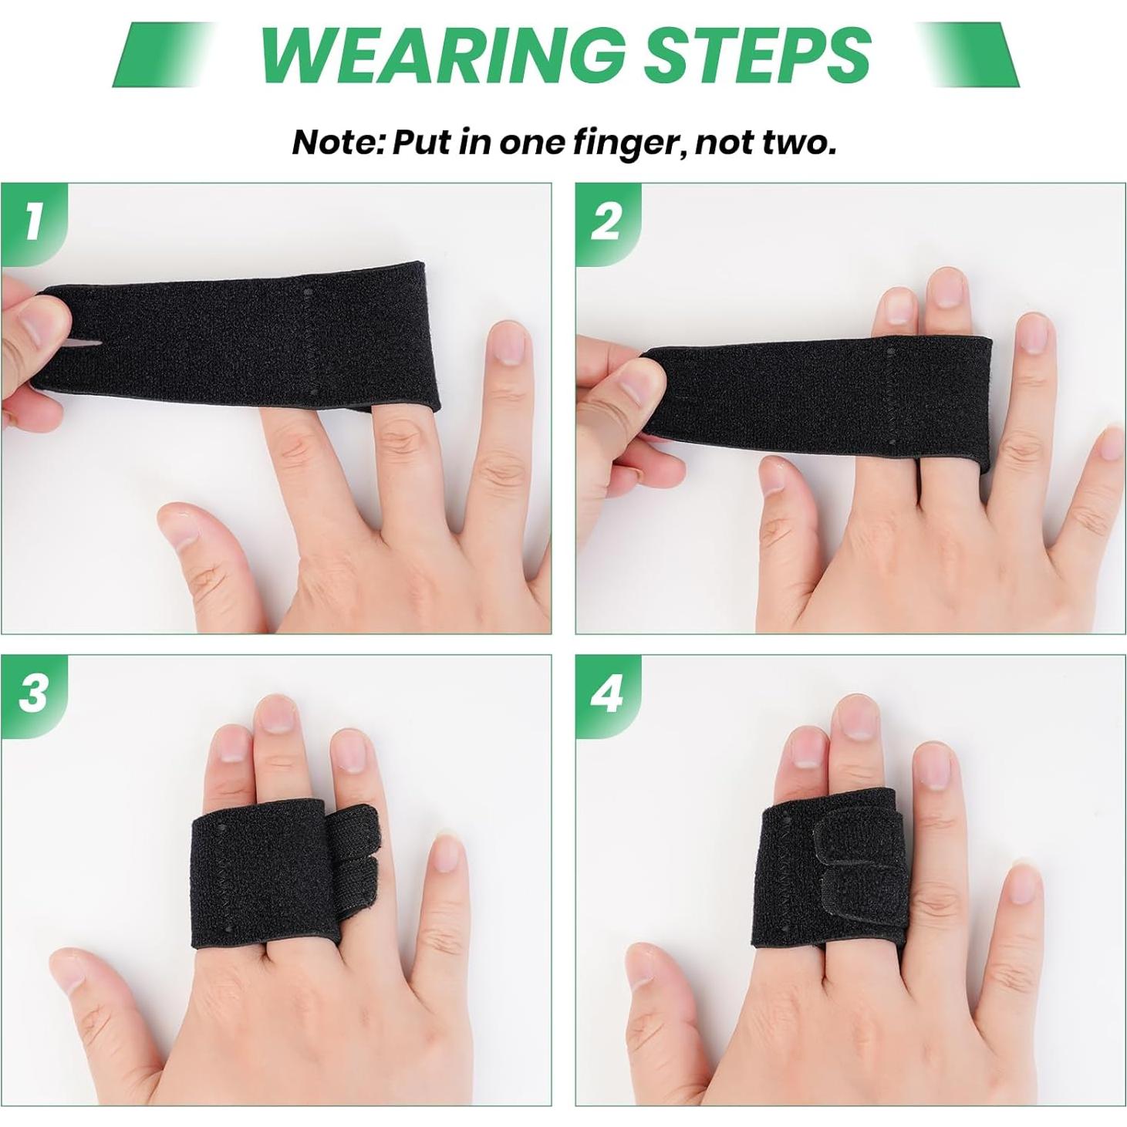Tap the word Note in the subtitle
point(336,143)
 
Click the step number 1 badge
point(32,221)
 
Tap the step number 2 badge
point(606,221)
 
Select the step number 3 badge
point(33,692)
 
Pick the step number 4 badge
point(606,692)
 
